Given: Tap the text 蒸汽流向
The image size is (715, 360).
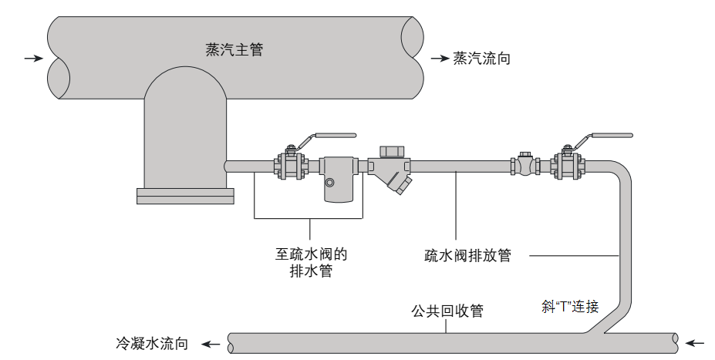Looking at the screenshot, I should click(482, 59).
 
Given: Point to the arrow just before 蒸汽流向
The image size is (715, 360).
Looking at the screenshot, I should click(440, 59).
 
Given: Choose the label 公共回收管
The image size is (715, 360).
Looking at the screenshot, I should click(447, 311).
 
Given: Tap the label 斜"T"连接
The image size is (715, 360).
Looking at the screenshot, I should click(570, 307).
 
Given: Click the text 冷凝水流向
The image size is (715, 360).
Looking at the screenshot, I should click(152, 344).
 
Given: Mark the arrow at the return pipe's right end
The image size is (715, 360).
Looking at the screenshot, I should click(696, 341).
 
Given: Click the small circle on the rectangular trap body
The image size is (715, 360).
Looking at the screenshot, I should click(330, 183).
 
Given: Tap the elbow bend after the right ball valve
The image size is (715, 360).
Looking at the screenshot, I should click(619, 172).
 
